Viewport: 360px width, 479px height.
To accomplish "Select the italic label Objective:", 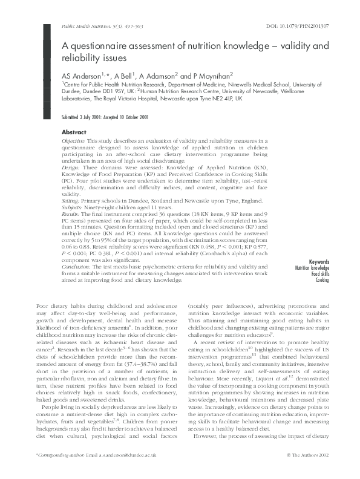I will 74,140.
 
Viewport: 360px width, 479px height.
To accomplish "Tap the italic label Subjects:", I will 73,207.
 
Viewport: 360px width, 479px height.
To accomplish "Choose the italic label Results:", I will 71,213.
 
